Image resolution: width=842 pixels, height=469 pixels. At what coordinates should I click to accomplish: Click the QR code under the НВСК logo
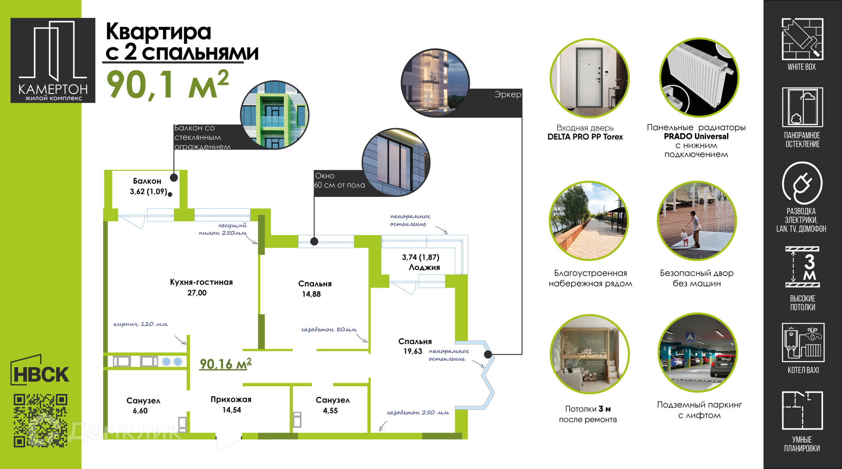tap(40, 420)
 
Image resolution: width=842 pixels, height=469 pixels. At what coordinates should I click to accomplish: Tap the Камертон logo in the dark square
tap(53, 60)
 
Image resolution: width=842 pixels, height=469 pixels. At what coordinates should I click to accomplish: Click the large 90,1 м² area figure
tap(168, 84)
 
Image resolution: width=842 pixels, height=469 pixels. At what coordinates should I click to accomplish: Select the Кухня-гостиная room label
tap(201, 282)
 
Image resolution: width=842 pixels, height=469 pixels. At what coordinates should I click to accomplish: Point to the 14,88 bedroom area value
tap(311, 294)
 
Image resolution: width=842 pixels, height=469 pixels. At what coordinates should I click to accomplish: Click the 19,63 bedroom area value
tap(413, 351)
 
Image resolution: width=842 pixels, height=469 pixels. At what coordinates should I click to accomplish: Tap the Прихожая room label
tap(231, 399)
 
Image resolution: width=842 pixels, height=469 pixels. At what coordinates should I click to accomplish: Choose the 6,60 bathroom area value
tap(140, 411)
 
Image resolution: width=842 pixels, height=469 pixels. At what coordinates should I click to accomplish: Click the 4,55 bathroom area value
tap(330, 411)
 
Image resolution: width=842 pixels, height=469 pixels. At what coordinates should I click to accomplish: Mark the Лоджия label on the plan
tap(424, 267)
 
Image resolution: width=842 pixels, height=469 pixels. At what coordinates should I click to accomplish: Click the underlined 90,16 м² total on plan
tap(226, 364)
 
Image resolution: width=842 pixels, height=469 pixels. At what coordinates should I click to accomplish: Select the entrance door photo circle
tap(589, 78)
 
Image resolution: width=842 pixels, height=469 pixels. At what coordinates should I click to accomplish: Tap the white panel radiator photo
tap(699, 77)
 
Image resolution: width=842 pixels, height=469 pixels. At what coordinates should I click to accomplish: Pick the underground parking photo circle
tap(698, 352)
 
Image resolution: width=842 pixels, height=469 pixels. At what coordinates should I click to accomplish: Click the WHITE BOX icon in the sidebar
tap(802, 39)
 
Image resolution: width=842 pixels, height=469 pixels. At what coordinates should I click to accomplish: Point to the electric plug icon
tap(802, 183)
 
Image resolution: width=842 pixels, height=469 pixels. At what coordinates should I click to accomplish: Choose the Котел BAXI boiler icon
tap(803, 342)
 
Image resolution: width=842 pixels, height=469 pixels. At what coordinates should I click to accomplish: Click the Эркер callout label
tap(508, 94)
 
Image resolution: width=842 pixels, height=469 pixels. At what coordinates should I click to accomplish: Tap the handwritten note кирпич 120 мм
tap(140, 324)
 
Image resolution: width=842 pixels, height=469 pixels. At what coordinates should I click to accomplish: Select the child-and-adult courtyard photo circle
tap(697, 221)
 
